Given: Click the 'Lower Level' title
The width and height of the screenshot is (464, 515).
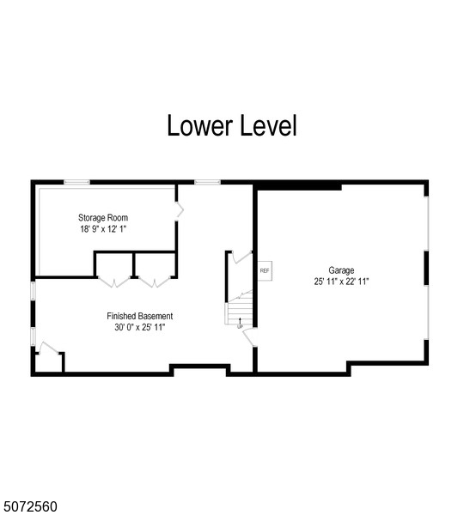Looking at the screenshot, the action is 232,125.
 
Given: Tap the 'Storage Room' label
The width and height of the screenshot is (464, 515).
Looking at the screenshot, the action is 103,217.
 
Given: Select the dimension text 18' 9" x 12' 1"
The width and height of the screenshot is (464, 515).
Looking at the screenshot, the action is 103,229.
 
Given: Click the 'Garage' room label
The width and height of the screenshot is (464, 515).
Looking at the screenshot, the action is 341,270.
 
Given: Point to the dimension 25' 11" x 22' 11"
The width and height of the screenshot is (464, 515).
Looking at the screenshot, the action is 341,282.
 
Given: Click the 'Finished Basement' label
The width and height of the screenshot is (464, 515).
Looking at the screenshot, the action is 140,316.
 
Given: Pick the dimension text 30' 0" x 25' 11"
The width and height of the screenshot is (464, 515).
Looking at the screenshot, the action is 140,327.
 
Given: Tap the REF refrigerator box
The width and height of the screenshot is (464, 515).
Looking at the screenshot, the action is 265,270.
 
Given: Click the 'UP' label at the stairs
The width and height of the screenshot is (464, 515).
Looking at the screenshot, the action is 240,327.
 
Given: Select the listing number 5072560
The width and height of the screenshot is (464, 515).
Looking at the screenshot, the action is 28,506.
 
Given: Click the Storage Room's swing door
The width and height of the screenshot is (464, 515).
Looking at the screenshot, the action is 179,210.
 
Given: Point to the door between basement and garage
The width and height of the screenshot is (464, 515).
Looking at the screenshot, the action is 249,336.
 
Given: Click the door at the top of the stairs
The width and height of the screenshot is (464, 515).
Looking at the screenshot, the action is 242,257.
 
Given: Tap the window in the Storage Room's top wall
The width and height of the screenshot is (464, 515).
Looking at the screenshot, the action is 76,182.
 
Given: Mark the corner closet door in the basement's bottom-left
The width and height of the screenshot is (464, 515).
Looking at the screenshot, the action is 48,348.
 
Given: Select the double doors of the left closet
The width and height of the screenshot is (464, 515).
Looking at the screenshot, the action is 114,282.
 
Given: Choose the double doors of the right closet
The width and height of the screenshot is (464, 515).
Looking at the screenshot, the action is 155,282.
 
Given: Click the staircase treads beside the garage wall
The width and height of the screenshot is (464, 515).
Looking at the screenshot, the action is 240,311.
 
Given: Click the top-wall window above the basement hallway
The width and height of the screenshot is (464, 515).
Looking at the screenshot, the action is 207,182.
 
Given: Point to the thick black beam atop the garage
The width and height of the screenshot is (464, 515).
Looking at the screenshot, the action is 298,187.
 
